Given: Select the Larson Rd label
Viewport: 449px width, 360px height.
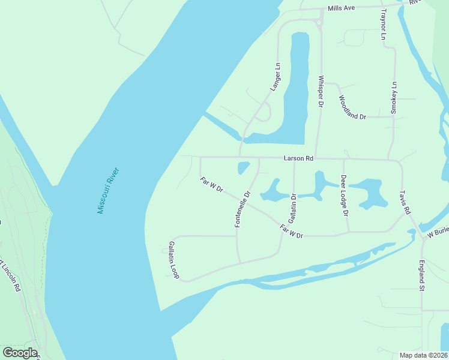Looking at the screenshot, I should [299, 158].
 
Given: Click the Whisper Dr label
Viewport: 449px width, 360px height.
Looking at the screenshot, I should [321, 91].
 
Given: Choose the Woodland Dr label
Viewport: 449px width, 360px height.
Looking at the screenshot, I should [352, 107].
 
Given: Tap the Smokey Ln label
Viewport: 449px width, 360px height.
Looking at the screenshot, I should [394, 97].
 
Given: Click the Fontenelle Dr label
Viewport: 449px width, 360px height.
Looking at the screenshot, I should [242, 209].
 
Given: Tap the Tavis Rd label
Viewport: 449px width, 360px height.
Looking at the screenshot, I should [405, 203].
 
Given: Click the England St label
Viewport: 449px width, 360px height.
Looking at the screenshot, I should [422, 275].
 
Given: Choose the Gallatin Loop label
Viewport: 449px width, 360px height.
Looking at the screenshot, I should [173, 260].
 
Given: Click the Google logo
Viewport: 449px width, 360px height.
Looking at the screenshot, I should [20, 353].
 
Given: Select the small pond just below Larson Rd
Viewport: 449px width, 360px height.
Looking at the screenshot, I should [244, 167].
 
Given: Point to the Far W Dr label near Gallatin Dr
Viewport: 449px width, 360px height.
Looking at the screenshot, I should [292, 231].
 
